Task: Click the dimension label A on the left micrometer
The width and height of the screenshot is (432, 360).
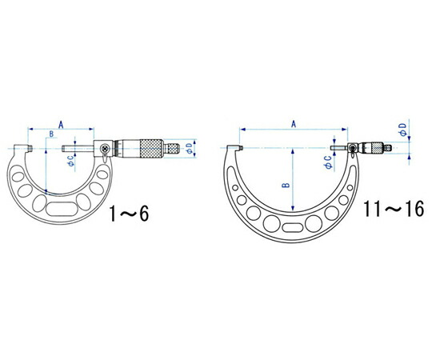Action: pyautogui.click(x=61, y=125)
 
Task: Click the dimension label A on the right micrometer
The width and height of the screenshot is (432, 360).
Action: pyautogui.click(x=294, y=124)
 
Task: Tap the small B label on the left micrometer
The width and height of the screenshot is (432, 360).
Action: pyautogui.click(x=51, y=134)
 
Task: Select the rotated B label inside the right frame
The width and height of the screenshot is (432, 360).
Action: pyautogui.click(x=286, y=185)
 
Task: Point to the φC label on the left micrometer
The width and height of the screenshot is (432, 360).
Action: pyautogui.click(x=71, y=161)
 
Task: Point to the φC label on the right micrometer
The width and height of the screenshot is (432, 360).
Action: pyautogui.click(x=328, y=162)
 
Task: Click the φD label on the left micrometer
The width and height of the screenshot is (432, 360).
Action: pyautogui.click(x=189, y=148)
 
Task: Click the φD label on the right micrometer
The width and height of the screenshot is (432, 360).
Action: pyautogui.click(x=402, y=130)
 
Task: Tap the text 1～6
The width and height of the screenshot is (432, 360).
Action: pyautogui.click(x=130, y=214)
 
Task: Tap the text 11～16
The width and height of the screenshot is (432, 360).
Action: pyautogui.click(x=394, y=209)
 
